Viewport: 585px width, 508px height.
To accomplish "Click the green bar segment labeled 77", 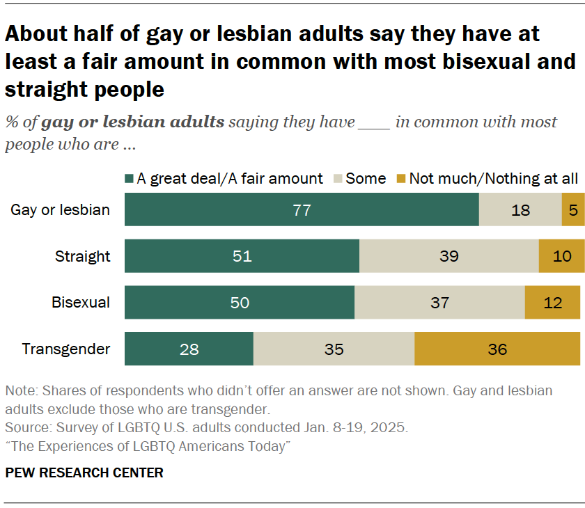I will point(302,210).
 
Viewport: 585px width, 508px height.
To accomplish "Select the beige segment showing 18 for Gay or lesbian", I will point(520,210).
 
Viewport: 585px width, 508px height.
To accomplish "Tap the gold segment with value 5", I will point(572,210).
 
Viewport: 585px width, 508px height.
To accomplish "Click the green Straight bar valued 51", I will point(242,256).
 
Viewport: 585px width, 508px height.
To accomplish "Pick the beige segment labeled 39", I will point(449,256).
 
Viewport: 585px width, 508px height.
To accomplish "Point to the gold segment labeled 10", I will point(561,256).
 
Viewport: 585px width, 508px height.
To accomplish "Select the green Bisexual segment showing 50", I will point(240,303).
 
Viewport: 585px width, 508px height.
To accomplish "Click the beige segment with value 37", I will point(439,303).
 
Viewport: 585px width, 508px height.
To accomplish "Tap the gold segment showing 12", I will point(552,303).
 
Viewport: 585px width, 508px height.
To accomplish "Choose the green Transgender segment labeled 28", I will point(189,349).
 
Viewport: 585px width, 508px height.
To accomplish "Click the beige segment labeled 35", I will point(334,349).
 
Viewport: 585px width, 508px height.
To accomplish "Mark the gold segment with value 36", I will point(497,349).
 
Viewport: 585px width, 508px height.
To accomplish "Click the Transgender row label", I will point(66,349).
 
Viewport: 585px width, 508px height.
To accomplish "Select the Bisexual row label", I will point(81,303).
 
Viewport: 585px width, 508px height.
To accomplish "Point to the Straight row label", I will point(83,256).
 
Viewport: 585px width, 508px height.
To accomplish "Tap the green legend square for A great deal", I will point(129,179).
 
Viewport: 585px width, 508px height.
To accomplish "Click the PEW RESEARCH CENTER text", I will point(84,473).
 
